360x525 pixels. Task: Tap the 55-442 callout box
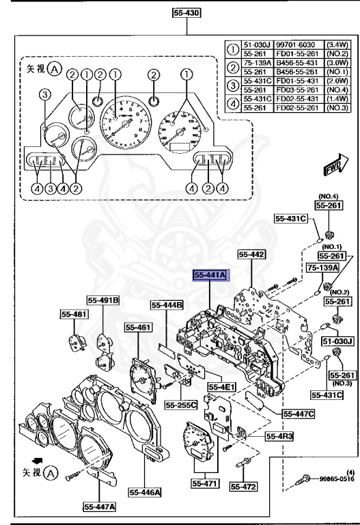tap(251, 254)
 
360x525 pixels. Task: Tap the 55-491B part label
tap(103, 299)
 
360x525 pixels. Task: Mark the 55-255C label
tap(181, 405)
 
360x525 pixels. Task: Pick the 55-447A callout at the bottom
tap(100, 507)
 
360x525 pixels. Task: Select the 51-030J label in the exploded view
tap(336, 340)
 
